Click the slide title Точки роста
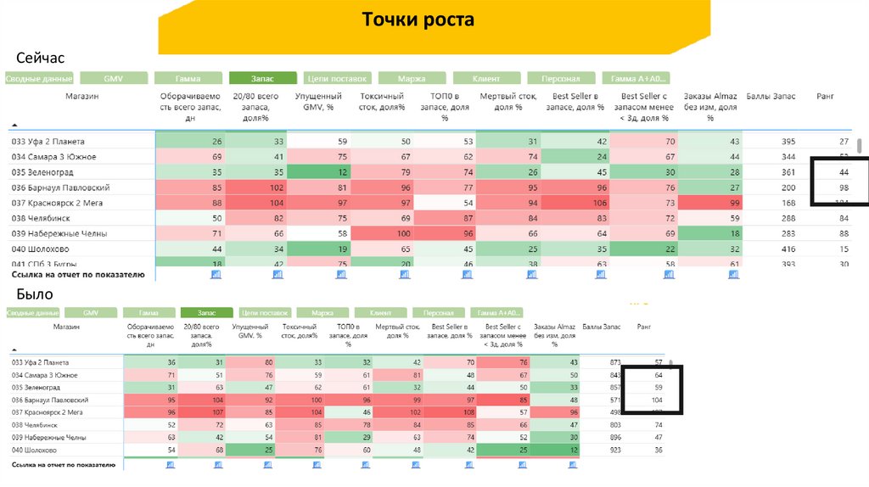[418, 20]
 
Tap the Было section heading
[35, 294]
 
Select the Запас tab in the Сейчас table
[262, 78]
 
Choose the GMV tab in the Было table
[90, 312]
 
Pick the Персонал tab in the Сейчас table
[561, 78]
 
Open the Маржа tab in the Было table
[322, 312]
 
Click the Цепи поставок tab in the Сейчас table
[336, 78]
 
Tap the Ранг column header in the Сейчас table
[825, 97]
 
